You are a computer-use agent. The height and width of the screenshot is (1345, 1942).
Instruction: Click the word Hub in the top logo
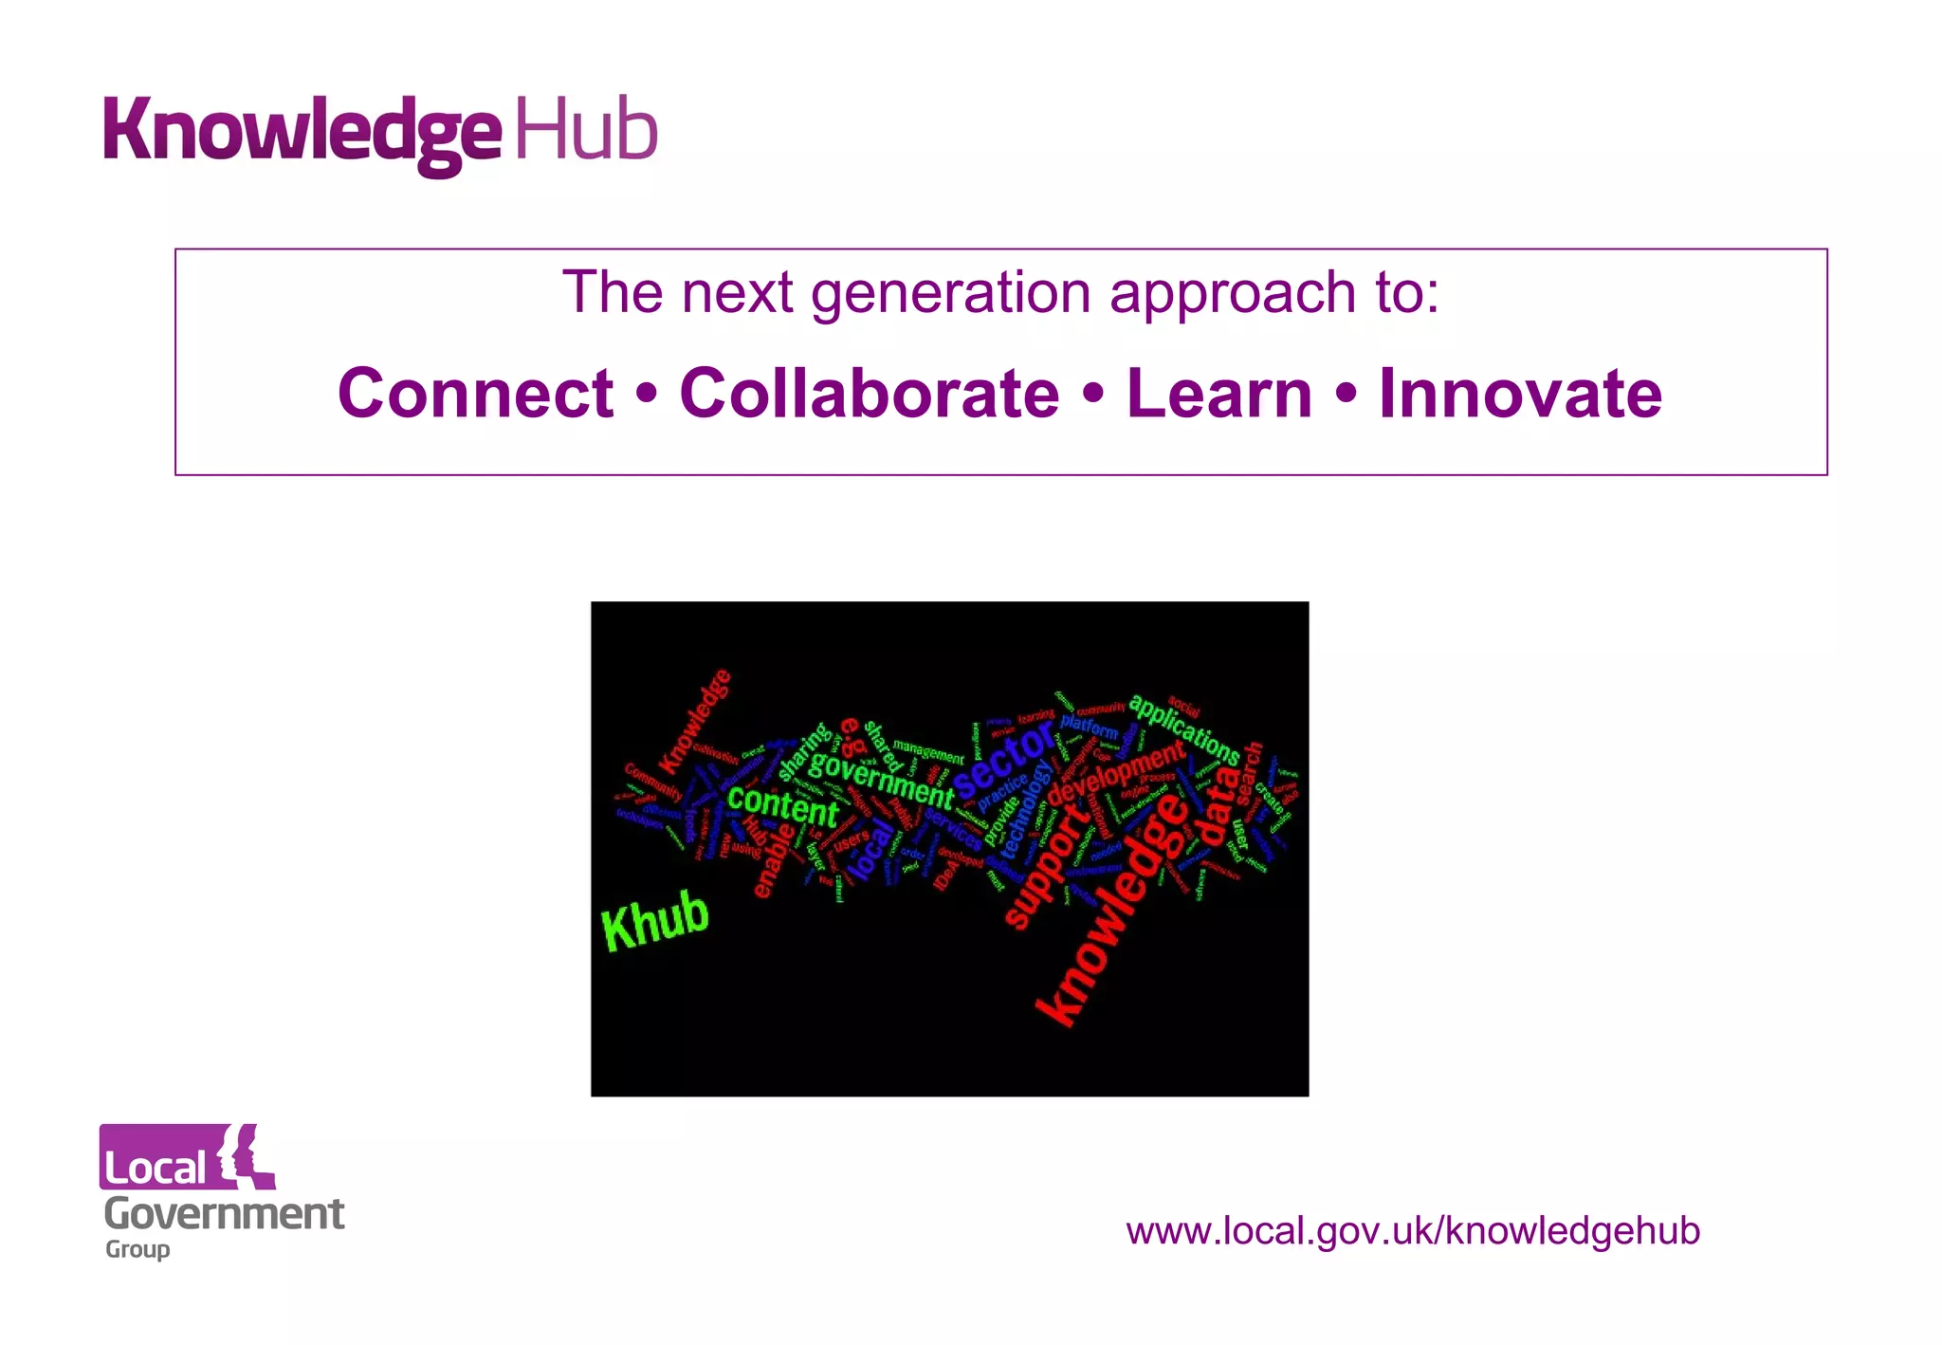click(586, 130)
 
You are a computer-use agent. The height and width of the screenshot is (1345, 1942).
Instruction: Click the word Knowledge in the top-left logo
click(302, 133)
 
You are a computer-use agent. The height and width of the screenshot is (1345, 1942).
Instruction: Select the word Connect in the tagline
click(475, 393)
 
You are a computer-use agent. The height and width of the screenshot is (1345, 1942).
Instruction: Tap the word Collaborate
click(869, 393)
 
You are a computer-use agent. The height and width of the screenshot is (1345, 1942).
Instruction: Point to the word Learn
click(1218, 393)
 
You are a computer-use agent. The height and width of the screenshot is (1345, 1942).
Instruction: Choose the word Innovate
click(1520, 393)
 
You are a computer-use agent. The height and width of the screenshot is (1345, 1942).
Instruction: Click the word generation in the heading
click(950, 292)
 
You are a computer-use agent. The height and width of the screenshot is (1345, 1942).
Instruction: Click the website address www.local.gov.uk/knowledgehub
click(1412, 1230)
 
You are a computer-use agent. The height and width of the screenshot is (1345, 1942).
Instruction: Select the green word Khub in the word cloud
click(655, 920)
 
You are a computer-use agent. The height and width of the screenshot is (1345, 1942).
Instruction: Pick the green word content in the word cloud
click(782, 806)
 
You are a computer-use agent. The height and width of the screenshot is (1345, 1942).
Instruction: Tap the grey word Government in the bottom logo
click(224, 1214)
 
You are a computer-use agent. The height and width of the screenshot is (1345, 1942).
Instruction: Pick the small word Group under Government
click(137, 1249)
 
